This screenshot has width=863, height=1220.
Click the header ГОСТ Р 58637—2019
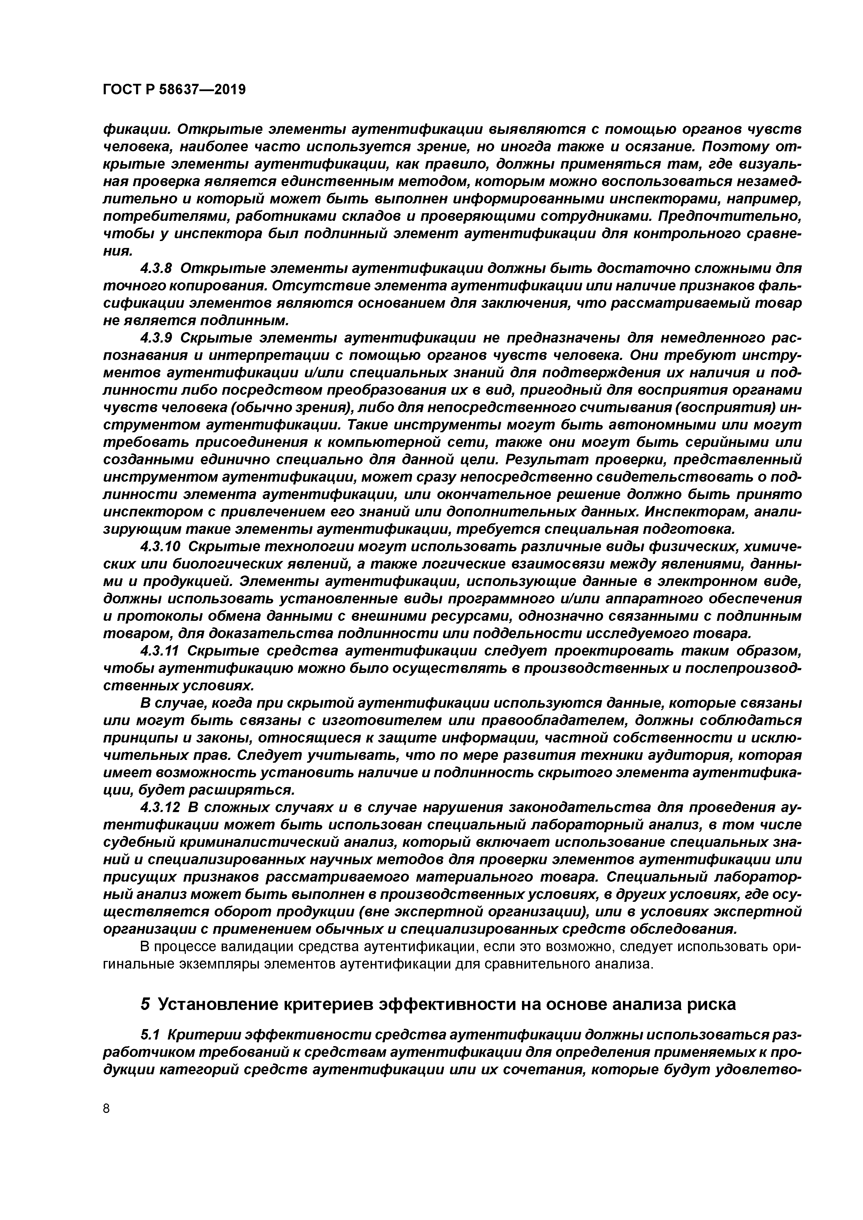[174, 90]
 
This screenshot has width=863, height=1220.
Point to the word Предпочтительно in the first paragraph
[728, 217]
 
